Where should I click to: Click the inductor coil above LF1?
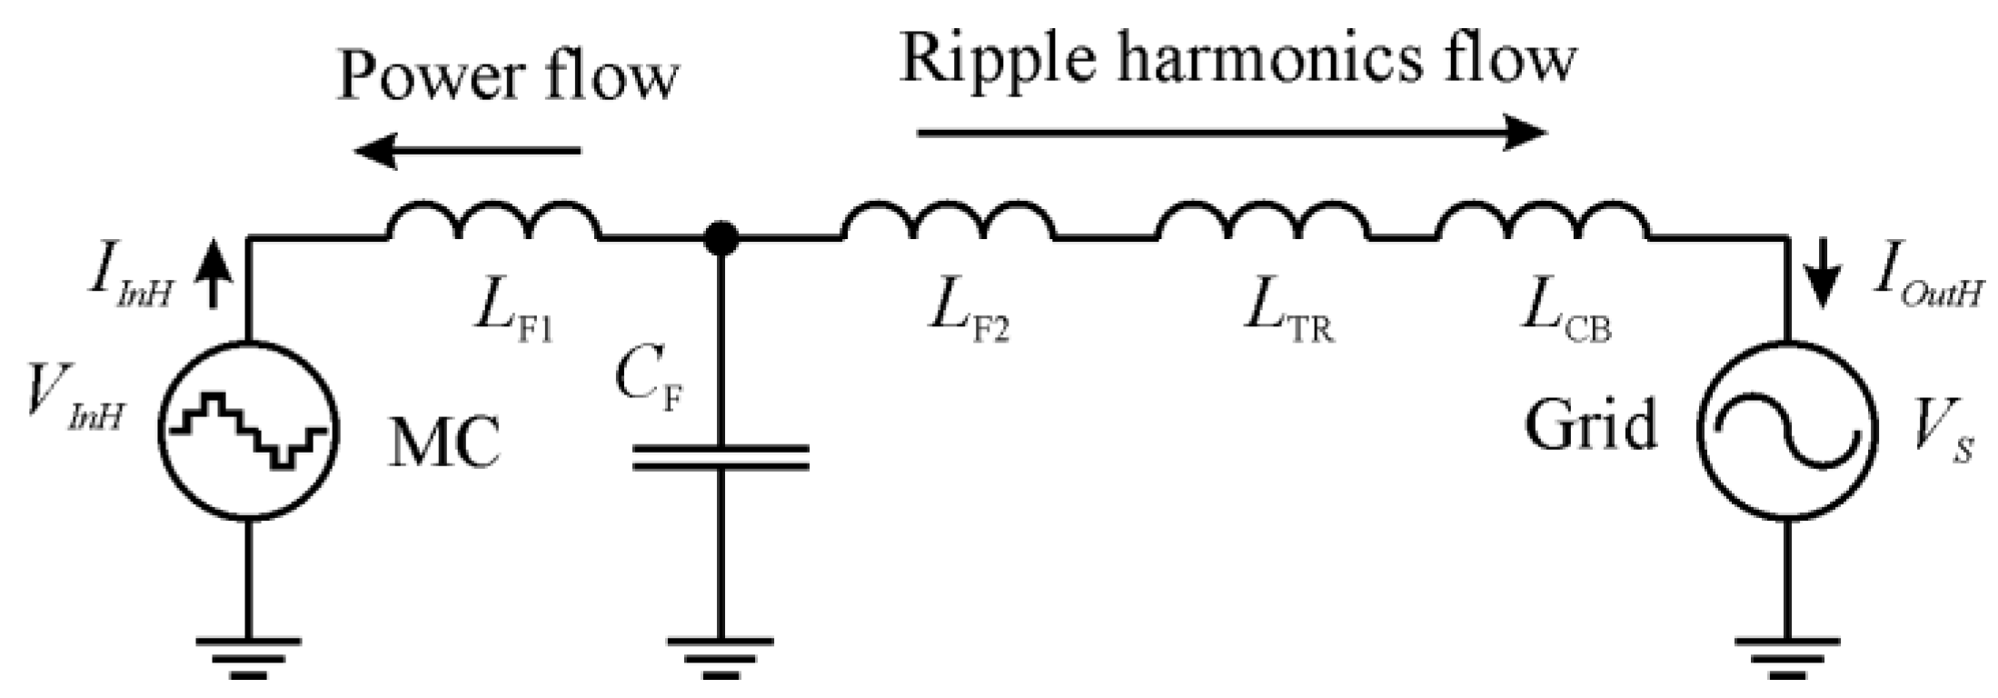pyautogui.click(x=494, y=220)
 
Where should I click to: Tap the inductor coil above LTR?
pyautogui.click(x=1263, y=220)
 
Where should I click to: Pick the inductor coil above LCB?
pyautogui.click(x=1542, y=220)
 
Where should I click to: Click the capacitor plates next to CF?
pyautogui.click(x=721, y=457)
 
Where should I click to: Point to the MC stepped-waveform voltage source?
pyautogui.click(x=249, y=430)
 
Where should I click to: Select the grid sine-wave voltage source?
pyautogui.click(x=1786, y=430)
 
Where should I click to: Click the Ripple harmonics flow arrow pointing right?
pyautogui.click(x=1231, y=134)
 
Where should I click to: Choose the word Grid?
pyautogui.click(x=1590, y=425)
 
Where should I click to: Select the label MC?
pyautogui.click(x=444, y=444)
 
